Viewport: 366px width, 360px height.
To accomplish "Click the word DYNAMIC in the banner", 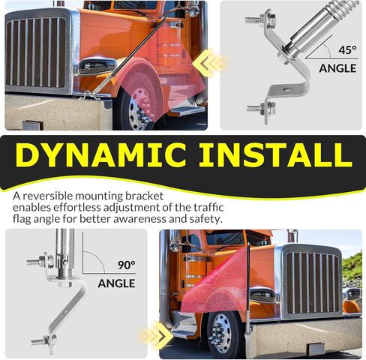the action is click(x=100, y=155).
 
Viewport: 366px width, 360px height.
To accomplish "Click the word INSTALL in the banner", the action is click(x=275, y=155).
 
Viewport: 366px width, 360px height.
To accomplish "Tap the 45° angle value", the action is click(x=347, y=50).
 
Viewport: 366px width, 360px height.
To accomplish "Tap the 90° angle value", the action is click(x=127, y=265).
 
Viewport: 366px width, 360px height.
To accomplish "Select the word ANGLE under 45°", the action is click(x=337, y=68).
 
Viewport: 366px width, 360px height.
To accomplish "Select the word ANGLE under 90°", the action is click(x=116, y=283).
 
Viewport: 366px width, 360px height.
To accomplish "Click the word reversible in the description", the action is click(x=48, y=196).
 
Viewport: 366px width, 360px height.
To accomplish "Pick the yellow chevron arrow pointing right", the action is click(x=157, y=335).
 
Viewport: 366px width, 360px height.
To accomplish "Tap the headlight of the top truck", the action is click(x=97, y=66).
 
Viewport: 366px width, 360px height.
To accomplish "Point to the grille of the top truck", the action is click(x=36, y=52).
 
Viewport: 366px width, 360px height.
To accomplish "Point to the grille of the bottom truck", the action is click(x=313, y=283).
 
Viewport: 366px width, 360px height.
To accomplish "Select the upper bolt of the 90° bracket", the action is click(x=40, y=262).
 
